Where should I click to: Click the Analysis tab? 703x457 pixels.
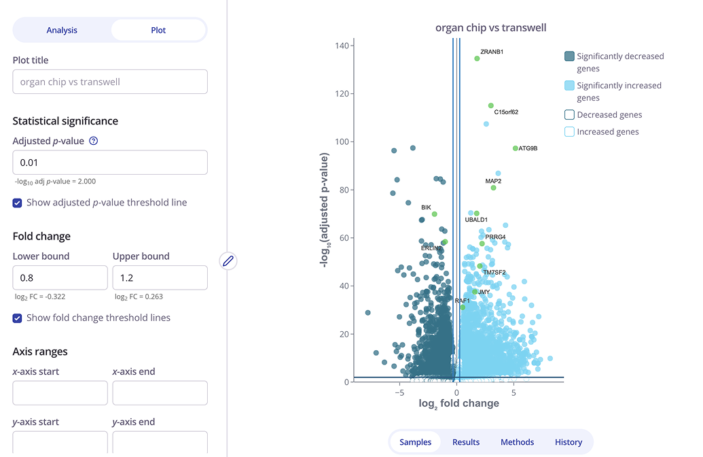pyautogui.click(x=62, y=30)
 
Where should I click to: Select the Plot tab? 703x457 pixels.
pyautogui.click(x=158, y=30)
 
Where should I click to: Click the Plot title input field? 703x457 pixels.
pyautogui.click(x=110, y=82)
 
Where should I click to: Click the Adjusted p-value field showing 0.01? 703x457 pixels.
pyautogui.click(x=110, y=163)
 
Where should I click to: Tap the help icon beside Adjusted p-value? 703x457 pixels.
pyautogui.click(x=94, y=141)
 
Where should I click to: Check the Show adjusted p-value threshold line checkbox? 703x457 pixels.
pyautogui.click(x=18, y=203)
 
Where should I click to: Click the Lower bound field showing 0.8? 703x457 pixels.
pyautogui.click(x=60, y=277)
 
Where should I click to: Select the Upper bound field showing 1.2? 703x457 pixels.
pyautogui.click(x=160, y=277)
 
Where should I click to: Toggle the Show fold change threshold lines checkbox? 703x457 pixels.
pyautogui.click(x=18, y=318)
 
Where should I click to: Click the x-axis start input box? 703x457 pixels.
pyautogui.click(x=60, y=393)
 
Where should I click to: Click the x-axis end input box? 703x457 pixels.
pyautogui.click(x=160, y=393)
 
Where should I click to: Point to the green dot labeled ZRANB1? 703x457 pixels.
pyautogui.click(x=477, y=58)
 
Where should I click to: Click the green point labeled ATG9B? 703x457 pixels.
pyautogui.click(x=516, y=148)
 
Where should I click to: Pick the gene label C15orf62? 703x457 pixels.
pyautogui.click(x=506, y=112)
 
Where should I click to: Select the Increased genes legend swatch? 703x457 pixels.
pyautogui.click(x=569, y=132)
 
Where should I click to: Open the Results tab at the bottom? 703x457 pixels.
pyautogui.click(x=466, y=442)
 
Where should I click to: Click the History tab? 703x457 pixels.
pyautogui.click(x=569, y=442)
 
